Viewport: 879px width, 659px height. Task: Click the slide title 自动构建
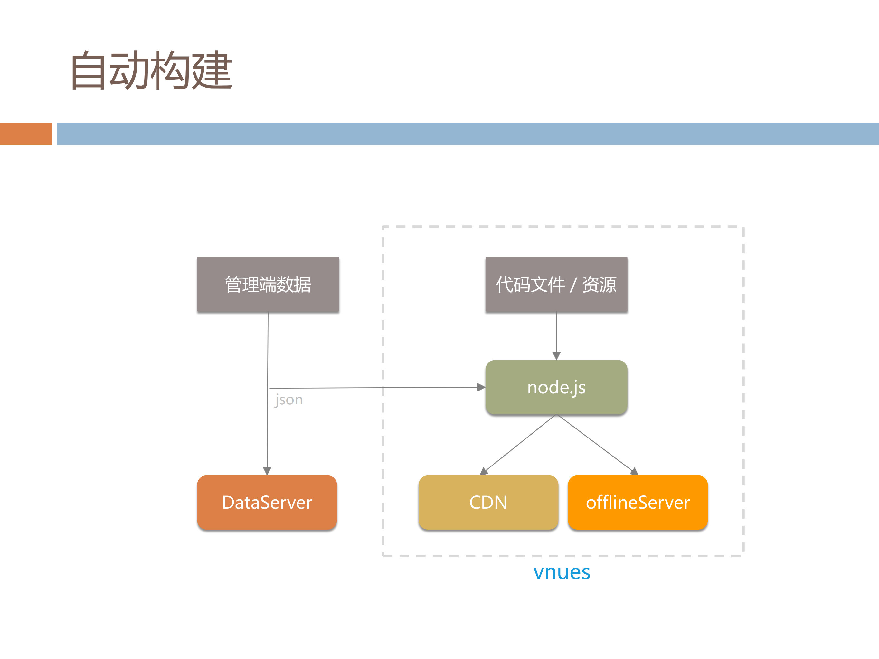click(151, 70)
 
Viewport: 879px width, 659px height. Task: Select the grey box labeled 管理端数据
click(268, 284)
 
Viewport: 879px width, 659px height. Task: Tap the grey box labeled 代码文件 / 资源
click(556, 284)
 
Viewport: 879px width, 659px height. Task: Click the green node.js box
click(556, 387)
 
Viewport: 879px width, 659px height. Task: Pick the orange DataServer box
click(267, 503)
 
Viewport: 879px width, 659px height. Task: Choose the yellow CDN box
click(488, 503)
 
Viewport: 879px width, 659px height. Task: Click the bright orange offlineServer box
click(638, 503)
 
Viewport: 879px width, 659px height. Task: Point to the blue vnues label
click(562, 572)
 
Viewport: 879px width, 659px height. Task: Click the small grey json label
click(289, 400)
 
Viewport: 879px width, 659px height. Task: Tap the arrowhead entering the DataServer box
click(267, 471)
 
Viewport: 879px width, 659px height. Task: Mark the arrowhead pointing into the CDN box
click(484, 472)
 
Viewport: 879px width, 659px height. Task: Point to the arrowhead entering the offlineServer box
click(634, 472)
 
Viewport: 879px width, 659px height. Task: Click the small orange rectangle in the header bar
click(25, 134)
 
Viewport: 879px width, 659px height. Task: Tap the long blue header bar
click(467, 134)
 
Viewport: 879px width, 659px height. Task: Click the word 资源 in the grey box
click(599, 284)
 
